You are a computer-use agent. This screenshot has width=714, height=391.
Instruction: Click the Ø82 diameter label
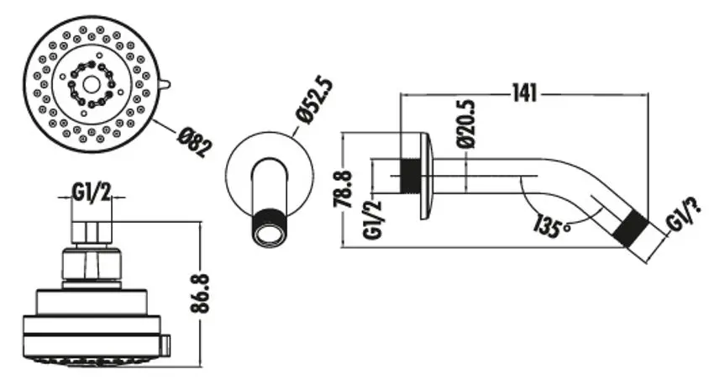[x=195, y=142]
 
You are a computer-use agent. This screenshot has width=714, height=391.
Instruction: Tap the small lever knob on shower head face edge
[x=165, y=84]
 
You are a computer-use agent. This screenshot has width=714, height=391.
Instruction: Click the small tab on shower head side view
[x=165, y=342]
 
